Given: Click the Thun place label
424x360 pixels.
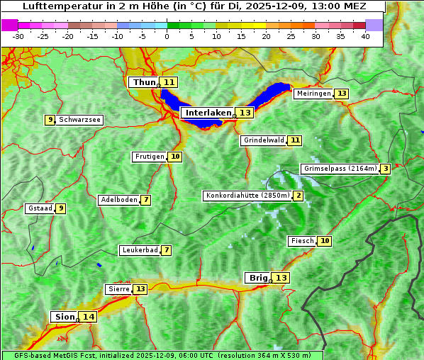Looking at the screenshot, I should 144,82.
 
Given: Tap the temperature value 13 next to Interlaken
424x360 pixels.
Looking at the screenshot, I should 245,113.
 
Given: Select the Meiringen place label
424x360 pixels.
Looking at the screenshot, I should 313,94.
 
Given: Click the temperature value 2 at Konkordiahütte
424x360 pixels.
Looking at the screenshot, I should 299,196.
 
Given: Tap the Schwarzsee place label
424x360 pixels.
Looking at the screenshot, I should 79,120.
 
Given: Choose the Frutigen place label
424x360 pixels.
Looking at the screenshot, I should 150,157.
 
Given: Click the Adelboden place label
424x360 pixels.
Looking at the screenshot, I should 118,200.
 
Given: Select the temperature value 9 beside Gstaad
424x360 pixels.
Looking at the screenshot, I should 61,208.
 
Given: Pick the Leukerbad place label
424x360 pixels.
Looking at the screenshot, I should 139,250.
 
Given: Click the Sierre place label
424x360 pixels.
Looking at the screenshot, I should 118,289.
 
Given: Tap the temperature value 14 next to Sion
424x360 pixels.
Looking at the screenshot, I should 88,317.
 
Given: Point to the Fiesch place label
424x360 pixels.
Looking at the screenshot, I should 302,241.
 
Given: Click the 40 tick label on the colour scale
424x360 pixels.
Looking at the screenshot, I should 365,36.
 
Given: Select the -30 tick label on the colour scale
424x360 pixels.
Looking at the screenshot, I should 18,36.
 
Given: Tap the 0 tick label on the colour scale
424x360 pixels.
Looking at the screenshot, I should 167,36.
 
